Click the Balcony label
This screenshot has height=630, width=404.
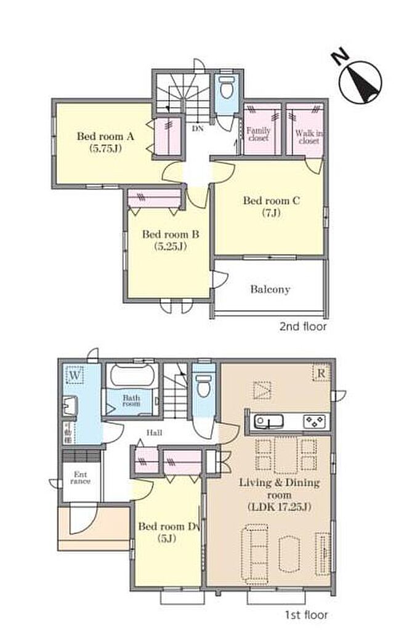tap(270, 289)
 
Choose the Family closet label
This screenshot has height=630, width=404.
tap(258, 134)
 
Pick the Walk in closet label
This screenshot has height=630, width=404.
tap(309, 137)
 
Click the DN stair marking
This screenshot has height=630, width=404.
tap(198, 129)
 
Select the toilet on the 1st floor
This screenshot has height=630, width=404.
tap(204, 385)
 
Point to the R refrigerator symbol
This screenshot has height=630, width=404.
tap(321, 373)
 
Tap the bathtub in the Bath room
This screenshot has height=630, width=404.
tap(132, 375)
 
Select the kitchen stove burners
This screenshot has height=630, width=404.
tap(314, 421)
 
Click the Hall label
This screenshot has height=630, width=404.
tap(155, 433)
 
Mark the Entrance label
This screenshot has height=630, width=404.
tap(81, 477)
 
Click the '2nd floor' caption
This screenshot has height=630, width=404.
tap(303, 326)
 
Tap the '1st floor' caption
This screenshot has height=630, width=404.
tap(306, 615)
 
